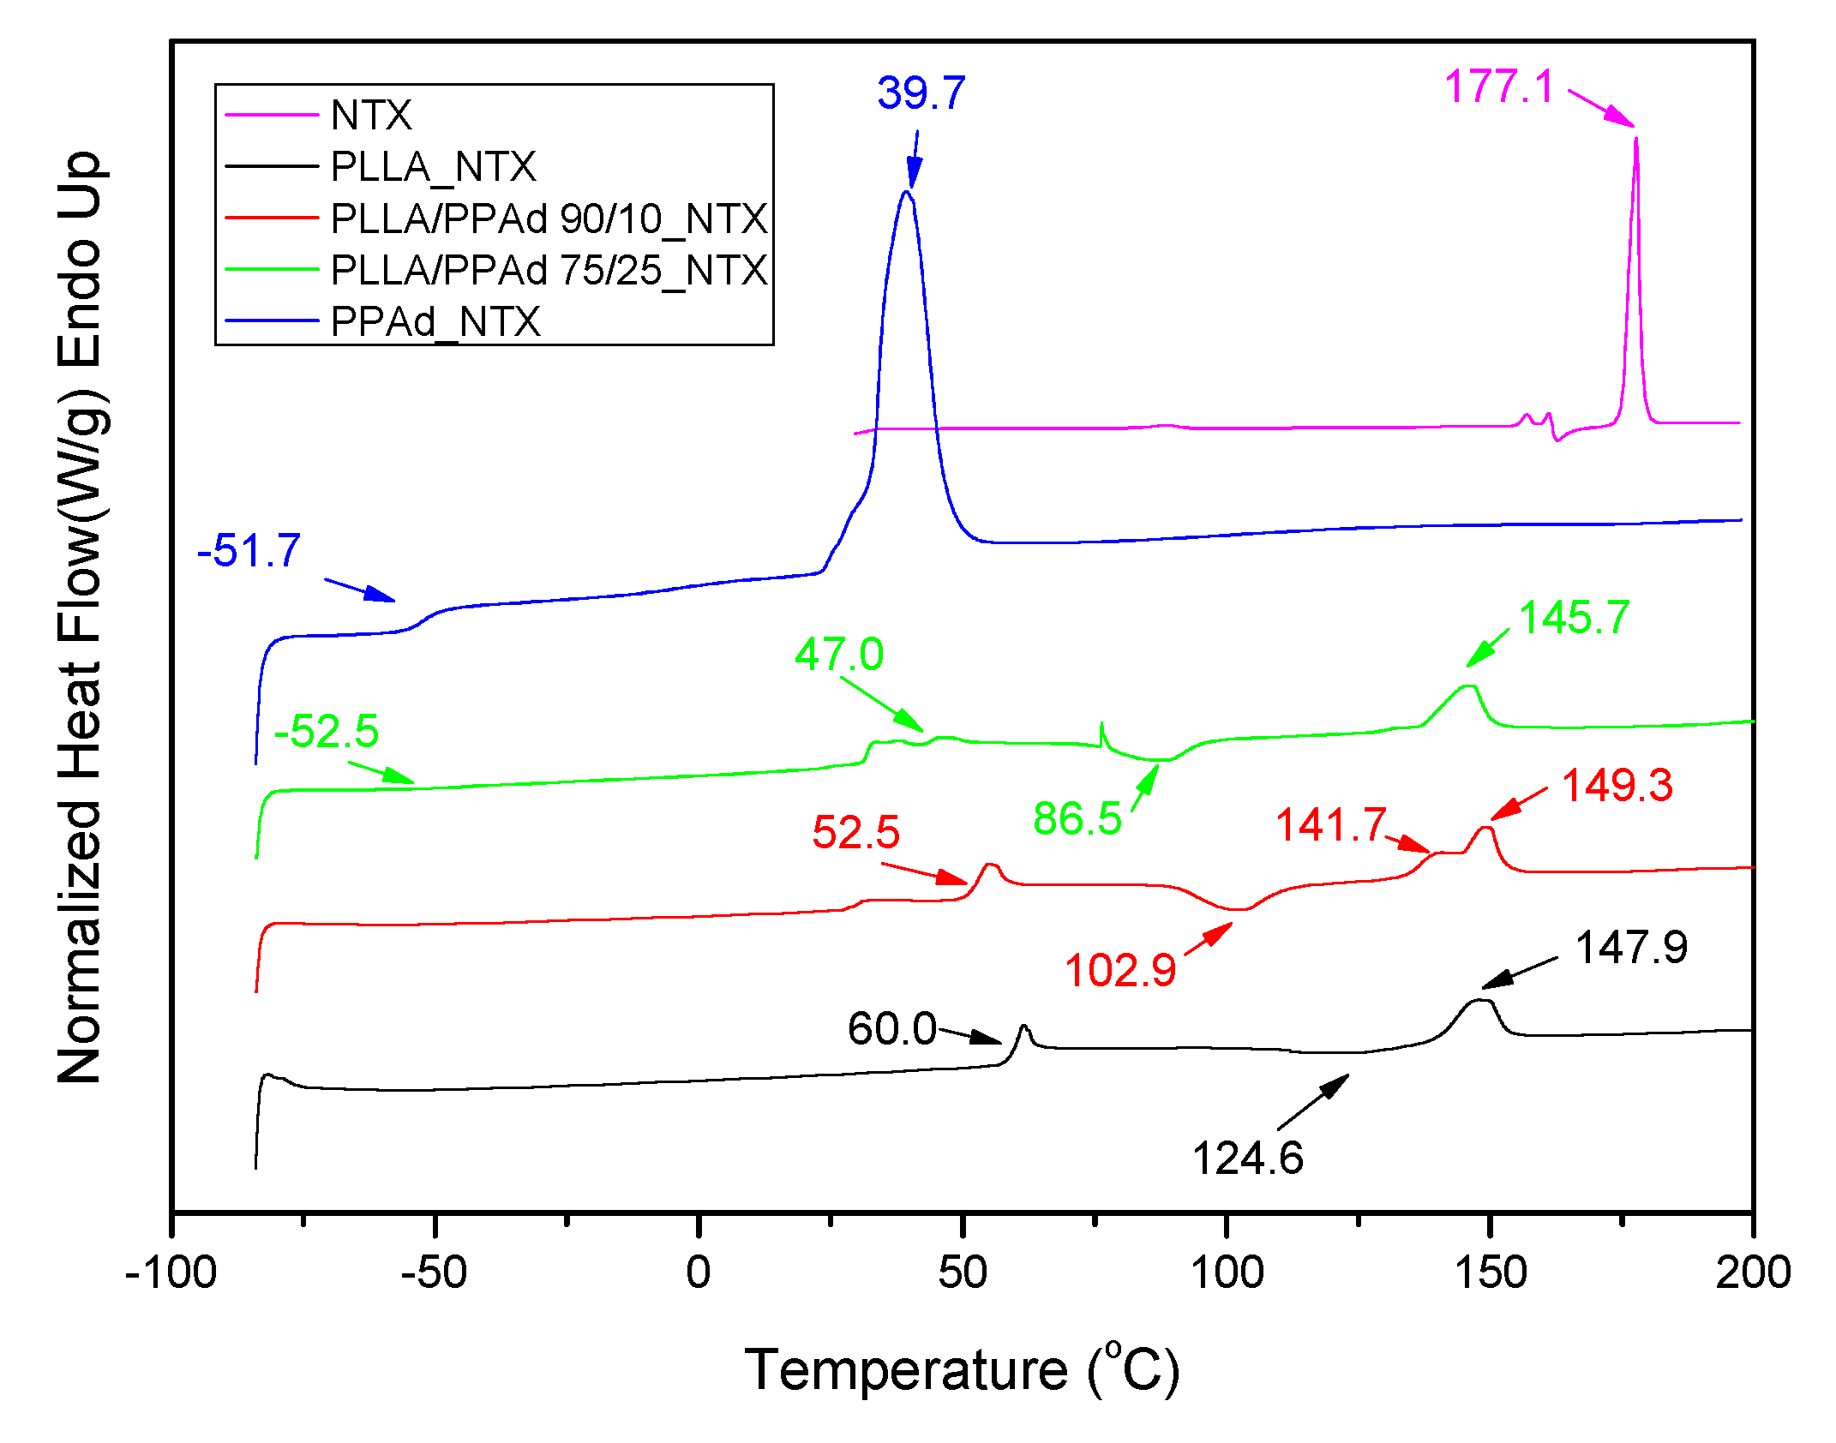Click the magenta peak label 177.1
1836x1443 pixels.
point(1498,87)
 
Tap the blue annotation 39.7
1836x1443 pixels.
point(921,93)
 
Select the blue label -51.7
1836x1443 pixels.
point(249,550)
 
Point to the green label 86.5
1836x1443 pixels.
point(1077,818)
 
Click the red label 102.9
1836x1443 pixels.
point(1119,971)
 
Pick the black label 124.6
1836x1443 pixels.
point(1247,1159)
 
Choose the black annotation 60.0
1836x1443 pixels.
point(891,1028)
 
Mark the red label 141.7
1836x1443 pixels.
point(1330,825)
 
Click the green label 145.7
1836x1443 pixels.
point(1574,618)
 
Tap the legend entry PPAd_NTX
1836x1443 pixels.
point(435,322)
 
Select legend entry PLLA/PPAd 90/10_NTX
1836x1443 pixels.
point(549,219)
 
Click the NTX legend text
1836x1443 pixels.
point(371,115)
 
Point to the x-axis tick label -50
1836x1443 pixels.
point(434,1272)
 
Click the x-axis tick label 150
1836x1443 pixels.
point(1491,1272)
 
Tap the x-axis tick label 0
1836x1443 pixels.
point(699,1272)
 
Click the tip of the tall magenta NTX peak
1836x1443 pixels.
point(1636,139)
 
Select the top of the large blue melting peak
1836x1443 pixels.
point(906,192)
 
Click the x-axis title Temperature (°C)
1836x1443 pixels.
point(962,1370)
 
